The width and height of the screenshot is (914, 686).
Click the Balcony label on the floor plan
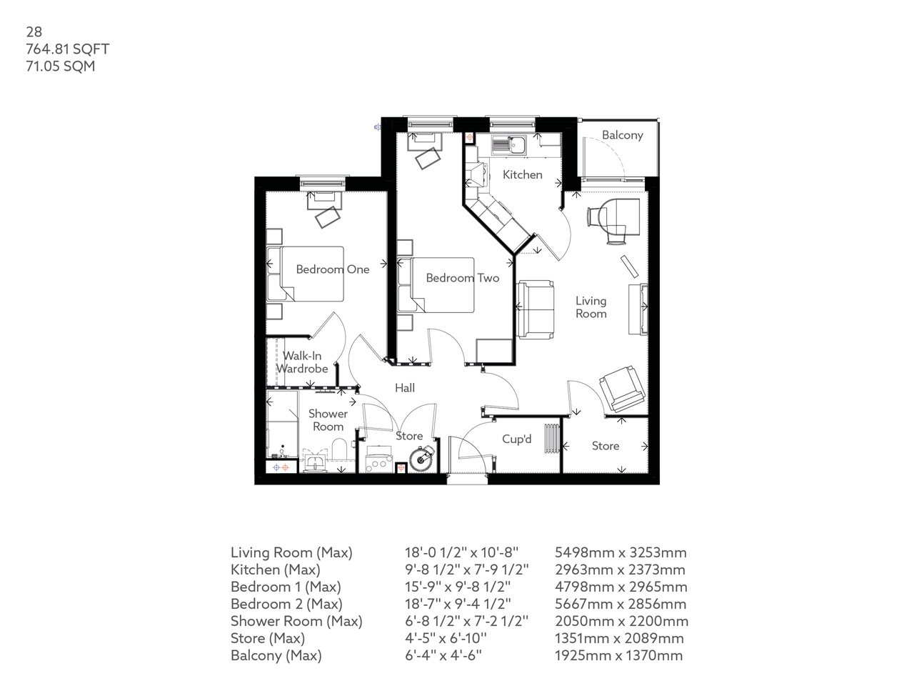pos(622,135)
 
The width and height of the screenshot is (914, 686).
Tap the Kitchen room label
pos(522,175)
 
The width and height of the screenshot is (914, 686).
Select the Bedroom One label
pos(333,269)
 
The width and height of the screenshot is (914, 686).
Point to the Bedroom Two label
pos(462,278)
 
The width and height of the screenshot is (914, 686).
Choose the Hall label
pos(405,388)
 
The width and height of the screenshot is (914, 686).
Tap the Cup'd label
pos(517,439)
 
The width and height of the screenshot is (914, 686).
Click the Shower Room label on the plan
pos(328,420)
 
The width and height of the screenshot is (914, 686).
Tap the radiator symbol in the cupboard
pos(552,439)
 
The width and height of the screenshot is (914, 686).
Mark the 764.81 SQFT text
pos(67,49)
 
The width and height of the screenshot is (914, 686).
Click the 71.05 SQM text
pos(61,66)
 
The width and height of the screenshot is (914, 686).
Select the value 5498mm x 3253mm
pos(621,552)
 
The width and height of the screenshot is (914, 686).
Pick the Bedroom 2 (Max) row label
pos(286,604)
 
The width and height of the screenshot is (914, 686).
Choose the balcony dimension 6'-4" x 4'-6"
pos(443,655)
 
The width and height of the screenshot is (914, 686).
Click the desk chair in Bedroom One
pos(329,216)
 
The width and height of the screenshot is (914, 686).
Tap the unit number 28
pos(33,31)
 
